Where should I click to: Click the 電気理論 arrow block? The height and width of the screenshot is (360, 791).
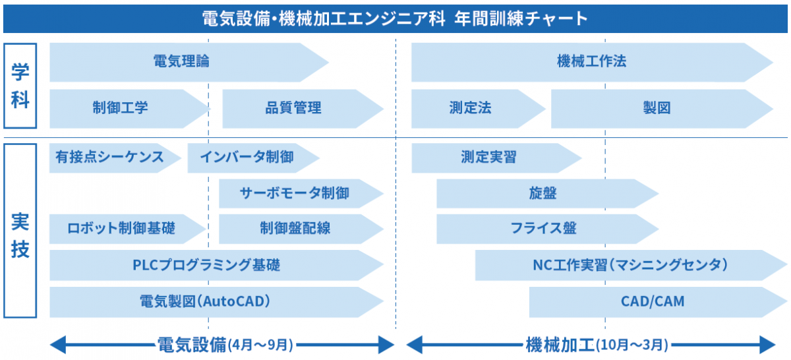tap(189, 63)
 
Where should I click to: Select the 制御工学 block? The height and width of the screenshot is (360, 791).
tap(130, 108)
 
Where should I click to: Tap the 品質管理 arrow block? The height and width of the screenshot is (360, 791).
tap(303, 108)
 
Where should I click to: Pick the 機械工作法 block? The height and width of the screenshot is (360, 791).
tap(592, 63)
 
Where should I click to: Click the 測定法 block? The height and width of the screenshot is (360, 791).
tap(479, 108)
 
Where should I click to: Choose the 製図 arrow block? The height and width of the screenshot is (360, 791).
tap(662, 108)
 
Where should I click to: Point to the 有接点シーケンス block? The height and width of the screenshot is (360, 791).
tap(115, 158)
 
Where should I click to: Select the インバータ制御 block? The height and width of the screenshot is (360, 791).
tap(254, 158)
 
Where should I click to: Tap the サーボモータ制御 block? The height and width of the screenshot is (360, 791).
tap(301, 194)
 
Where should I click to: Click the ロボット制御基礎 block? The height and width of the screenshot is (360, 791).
tap(127, 229)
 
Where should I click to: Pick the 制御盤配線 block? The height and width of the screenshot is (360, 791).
tap(301, 229)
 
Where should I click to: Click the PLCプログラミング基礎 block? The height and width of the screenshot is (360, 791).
tap(216, 265)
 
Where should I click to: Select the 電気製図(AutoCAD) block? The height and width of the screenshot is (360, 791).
tap(216, 302)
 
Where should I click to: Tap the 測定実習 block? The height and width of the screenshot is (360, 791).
tap(496, 158)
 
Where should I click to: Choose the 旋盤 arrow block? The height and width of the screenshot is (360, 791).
tap(547, 194)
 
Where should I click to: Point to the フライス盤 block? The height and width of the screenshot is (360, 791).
tap(547, 229)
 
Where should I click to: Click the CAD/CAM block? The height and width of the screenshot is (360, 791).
tap(658, 302)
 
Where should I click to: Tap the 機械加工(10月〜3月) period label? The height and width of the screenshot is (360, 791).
tap(597, 345)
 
